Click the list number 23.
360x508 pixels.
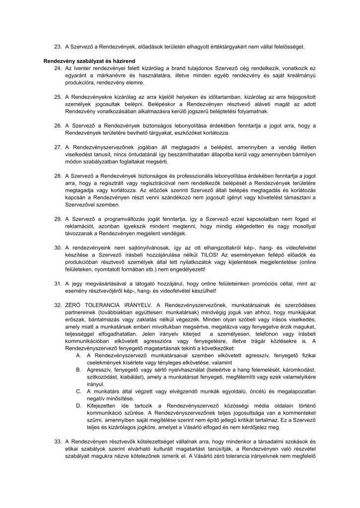57,47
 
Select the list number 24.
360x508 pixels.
57,66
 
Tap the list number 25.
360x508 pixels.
57,96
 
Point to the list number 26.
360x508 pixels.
57,126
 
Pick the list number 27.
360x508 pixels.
57,147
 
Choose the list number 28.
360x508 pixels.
57,176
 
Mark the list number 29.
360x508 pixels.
57,218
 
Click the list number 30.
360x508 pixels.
57,247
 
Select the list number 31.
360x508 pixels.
57,283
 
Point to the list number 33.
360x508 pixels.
57,468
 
